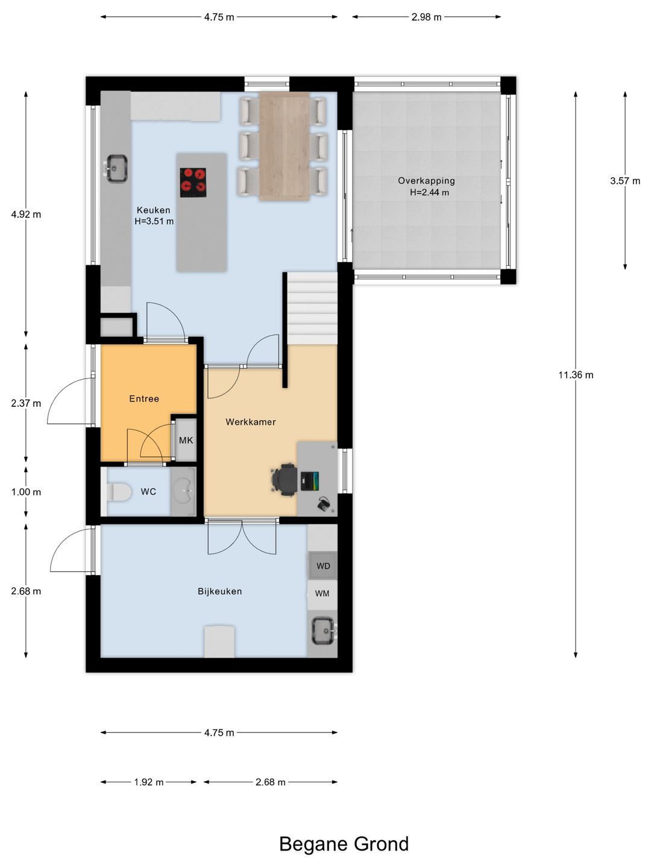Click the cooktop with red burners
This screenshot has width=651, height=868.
193,183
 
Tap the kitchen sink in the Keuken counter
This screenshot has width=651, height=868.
116,168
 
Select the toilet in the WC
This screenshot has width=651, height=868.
119,492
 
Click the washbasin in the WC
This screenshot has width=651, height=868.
183,491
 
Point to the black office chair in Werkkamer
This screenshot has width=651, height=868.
285,479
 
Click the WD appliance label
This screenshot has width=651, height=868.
323,566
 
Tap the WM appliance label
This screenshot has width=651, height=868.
322,594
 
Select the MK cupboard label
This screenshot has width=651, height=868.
186,440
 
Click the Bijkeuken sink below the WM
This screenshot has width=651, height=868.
323,631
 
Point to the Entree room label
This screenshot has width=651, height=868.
144,398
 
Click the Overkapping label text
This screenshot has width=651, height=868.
426,181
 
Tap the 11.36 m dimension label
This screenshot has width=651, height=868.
576,375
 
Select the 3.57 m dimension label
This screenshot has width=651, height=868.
624,181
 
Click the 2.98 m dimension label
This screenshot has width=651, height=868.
426,17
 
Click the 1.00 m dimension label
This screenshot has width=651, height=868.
26,492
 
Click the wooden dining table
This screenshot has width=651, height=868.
284,146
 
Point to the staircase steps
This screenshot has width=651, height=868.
312,308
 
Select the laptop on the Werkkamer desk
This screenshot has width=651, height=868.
310,481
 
